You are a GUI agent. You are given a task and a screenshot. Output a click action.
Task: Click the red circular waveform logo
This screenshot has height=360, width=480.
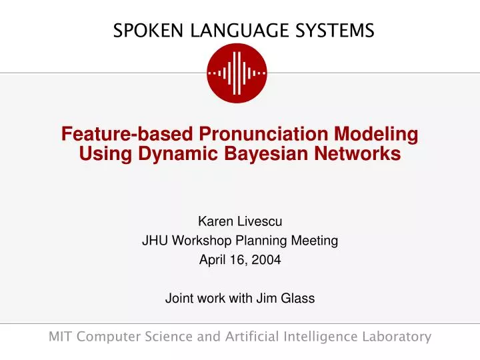(237, 73)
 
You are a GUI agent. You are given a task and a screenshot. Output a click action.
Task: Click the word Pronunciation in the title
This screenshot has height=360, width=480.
(262, 134)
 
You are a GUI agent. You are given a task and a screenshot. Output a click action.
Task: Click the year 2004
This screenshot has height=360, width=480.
(267, 261)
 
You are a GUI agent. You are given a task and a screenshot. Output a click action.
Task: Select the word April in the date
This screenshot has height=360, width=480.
(211, 261)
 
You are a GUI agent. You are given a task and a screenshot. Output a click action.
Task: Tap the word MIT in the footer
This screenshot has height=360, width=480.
(61, 337)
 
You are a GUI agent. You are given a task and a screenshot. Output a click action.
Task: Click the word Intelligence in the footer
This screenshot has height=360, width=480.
(322, 337)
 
